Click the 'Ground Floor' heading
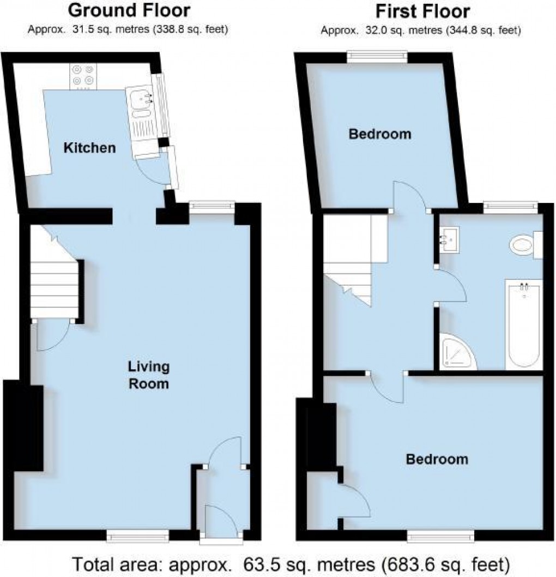pyautogui.click(x=130, y=10)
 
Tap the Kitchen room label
pyautogui.click(x=90, y=147)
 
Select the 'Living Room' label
pyautogui.click(x=148, y=375)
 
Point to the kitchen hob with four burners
pyautogui.click(x=82, y=77)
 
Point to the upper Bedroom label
pyautogui.click(x=380, y=134)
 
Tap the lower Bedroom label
pyautogui.click(x=437, y=459)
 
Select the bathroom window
pyautogui.click(x=510, y=206)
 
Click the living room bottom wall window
pyautogui.click(x=138, y=537)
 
